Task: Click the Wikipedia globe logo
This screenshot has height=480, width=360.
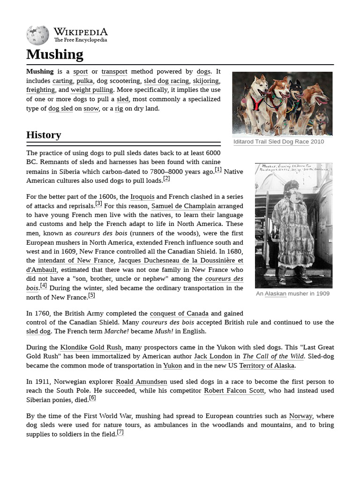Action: coord(38,35)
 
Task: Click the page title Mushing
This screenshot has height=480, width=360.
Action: coord(55,54)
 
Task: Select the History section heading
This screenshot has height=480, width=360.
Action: coord(44,135)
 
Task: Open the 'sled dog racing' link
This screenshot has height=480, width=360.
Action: coord(166,81)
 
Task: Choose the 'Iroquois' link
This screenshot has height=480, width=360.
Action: coord(142,197)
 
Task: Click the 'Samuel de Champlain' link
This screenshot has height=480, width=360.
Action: coord(184,206)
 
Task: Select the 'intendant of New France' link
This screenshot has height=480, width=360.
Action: coord(75,261)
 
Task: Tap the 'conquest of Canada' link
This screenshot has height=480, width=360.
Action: coord(179,313)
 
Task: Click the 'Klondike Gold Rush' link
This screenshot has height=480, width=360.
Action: coord(91,347)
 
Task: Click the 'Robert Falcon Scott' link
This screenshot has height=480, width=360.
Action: coord(234,391)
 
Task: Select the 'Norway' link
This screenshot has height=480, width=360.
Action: coord(300,416)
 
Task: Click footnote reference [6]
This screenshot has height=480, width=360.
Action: coord(92,398)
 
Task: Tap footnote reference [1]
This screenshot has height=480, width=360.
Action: coord(218,170)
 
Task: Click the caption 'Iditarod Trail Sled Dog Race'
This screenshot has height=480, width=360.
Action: coord(271,142)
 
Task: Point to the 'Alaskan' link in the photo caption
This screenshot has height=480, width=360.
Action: coord(275,293)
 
